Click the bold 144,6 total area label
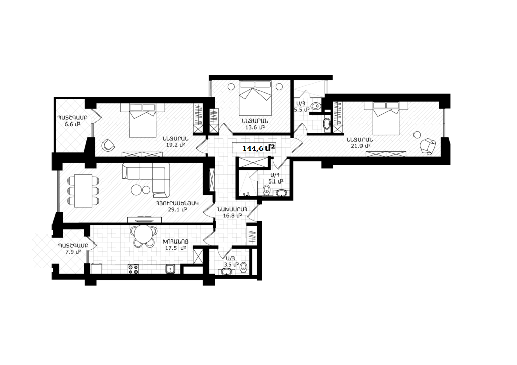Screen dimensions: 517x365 pos(259,148)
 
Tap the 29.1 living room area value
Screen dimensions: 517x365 pos(177,209)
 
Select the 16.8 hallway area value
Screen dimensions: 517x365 pos(232,216)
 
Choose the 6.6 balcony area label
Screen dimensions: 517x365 pos(73,124)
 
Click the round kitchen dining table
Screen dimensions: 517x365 pos(143,235)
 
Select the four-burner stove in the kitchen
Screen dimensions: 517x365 pos(133,269)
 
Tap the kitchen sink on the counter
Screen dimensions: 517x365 pos(171,269)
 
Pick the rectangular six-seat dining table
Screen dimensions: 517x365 pos(83,191)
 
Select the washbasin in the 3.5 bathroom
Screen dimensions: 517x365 pos(226,272)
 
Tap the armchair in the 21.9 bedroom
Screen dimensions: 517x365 pos(428,146)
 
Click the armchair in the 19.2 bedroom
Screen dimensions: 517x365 pos(108,145)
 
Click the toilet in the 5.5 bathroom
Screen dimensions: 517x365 pos(315,106)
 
